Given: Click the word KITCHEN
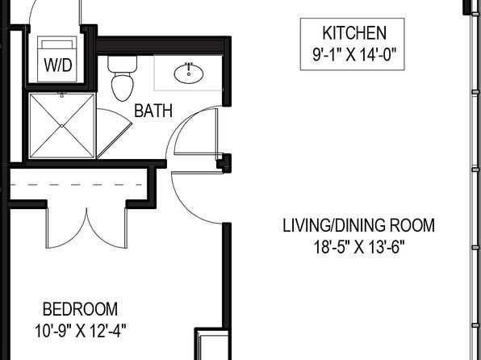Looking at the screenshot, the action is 354,33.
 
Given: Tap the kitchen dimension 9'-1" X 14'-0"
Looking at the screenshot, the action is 354,55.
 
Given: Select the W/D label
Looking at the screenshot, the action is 58,65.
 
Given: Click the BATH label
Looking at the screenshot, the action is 153,111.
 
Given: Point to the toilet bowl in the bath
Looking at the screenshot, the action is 123,86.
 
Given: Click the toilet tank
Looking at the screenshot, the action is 122,64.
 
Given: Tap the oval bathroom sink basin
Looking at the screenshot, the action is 188,74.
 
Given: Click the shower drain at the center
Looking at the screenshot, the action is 61,126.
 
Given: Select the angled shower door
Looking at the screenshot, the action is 114,133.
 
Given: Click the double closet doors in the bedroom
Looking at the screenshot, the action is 86,228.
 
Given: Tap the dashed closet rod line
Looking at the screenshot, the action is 76,185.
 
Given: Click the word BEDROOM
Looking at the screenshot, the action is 80,309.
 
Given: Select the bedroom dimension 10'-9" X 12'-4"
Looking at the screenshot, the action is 81,331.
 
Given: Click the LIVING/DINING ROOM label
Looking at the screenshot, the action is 358,225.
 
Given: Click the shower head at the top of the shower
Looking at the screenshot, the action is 61,94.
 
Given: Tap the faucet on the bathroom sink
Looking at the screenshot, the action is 188,65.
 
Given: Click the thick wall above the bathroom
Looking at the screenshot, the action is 163,45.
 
